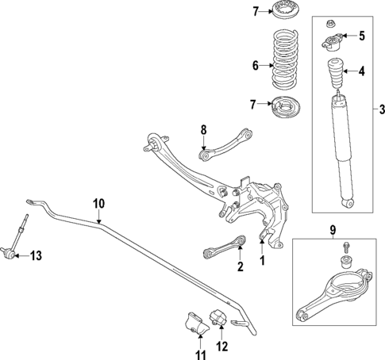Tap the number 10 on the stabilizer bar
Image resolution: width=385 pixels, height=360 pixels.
point(98,203)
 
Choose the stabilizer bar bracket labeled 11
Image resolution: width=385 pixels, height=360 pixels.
point(192,324)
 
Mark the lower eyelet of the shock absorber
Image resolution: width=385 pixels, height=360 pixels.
point(346,204)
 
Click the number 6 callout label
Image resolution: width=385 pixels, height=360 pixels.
point(256,66)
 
